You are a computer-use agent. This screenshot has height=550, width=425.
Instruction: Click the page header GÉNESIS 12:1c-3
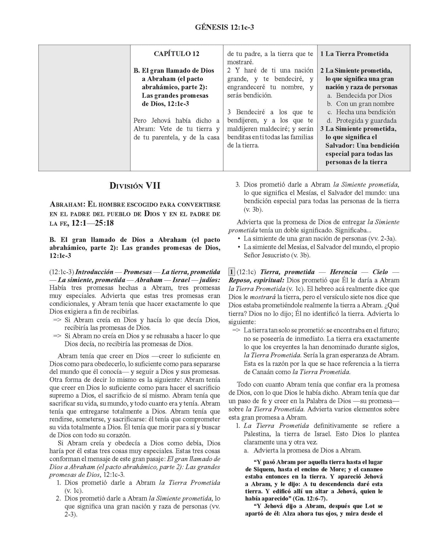tap(224, 27)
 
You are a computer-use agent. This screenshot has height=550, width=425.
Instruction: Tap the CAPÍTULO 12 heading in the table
tap(176, 54)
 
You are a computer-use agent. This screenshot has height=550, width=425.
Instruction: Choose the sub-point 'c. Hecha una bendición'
tap(361, 112)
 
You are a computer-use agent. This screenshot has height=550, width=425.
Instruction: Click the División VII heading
tap(135, 186)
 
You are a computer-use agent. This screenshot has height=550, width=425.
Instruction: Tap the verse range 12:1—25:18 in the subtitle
tap(93, 223)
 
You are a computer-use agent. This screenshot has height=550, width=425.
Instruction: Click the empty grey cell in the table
tap(84, 108)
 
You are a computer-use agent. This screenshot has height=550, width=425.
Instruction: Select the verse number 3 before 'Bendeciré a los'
tap(229, 112)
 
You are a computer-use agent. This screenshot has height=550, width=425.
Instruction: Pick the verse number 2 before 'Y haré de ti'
tap(229, 71)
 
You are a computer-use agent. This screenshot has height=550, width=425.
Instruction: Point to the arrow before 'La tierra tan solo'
tap(236, 330)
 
